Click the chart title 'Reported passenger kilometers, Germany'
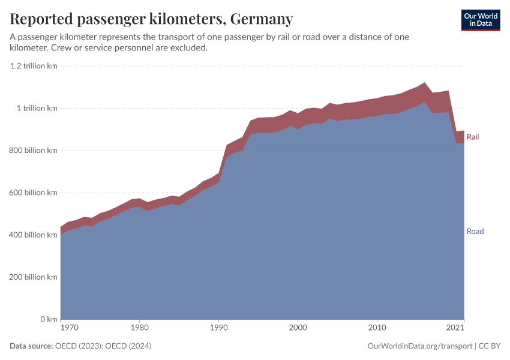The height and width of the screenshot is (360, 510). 151,19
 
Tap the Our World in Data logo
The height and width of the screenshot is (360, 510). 480,20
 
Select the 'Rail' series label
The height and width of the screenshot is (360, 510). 473,137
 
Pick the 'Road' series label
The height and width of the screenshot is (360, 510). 475,232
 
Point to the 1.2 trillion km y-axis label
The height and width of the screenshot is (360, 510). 34,66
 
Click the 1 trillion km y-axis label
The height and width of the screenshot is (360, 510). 37,108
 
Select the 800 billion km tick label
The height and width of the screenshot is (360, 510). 33,151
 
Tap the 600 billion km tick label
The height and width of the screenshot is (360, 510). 33,193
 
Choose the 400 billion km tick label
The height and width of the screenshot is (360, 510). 33,235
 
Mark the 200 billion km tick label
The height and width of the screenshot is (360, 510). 33,277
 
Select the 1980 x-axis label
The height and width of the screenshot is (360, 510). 139,328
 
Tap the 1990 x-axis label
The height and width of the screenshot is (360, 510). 218,328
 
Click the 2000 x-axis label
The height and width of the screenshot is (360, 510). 298,328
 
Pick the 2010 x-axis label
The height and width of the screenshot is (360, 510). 377,328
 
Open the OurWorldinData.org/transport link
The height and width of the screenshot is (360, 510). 419,346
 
